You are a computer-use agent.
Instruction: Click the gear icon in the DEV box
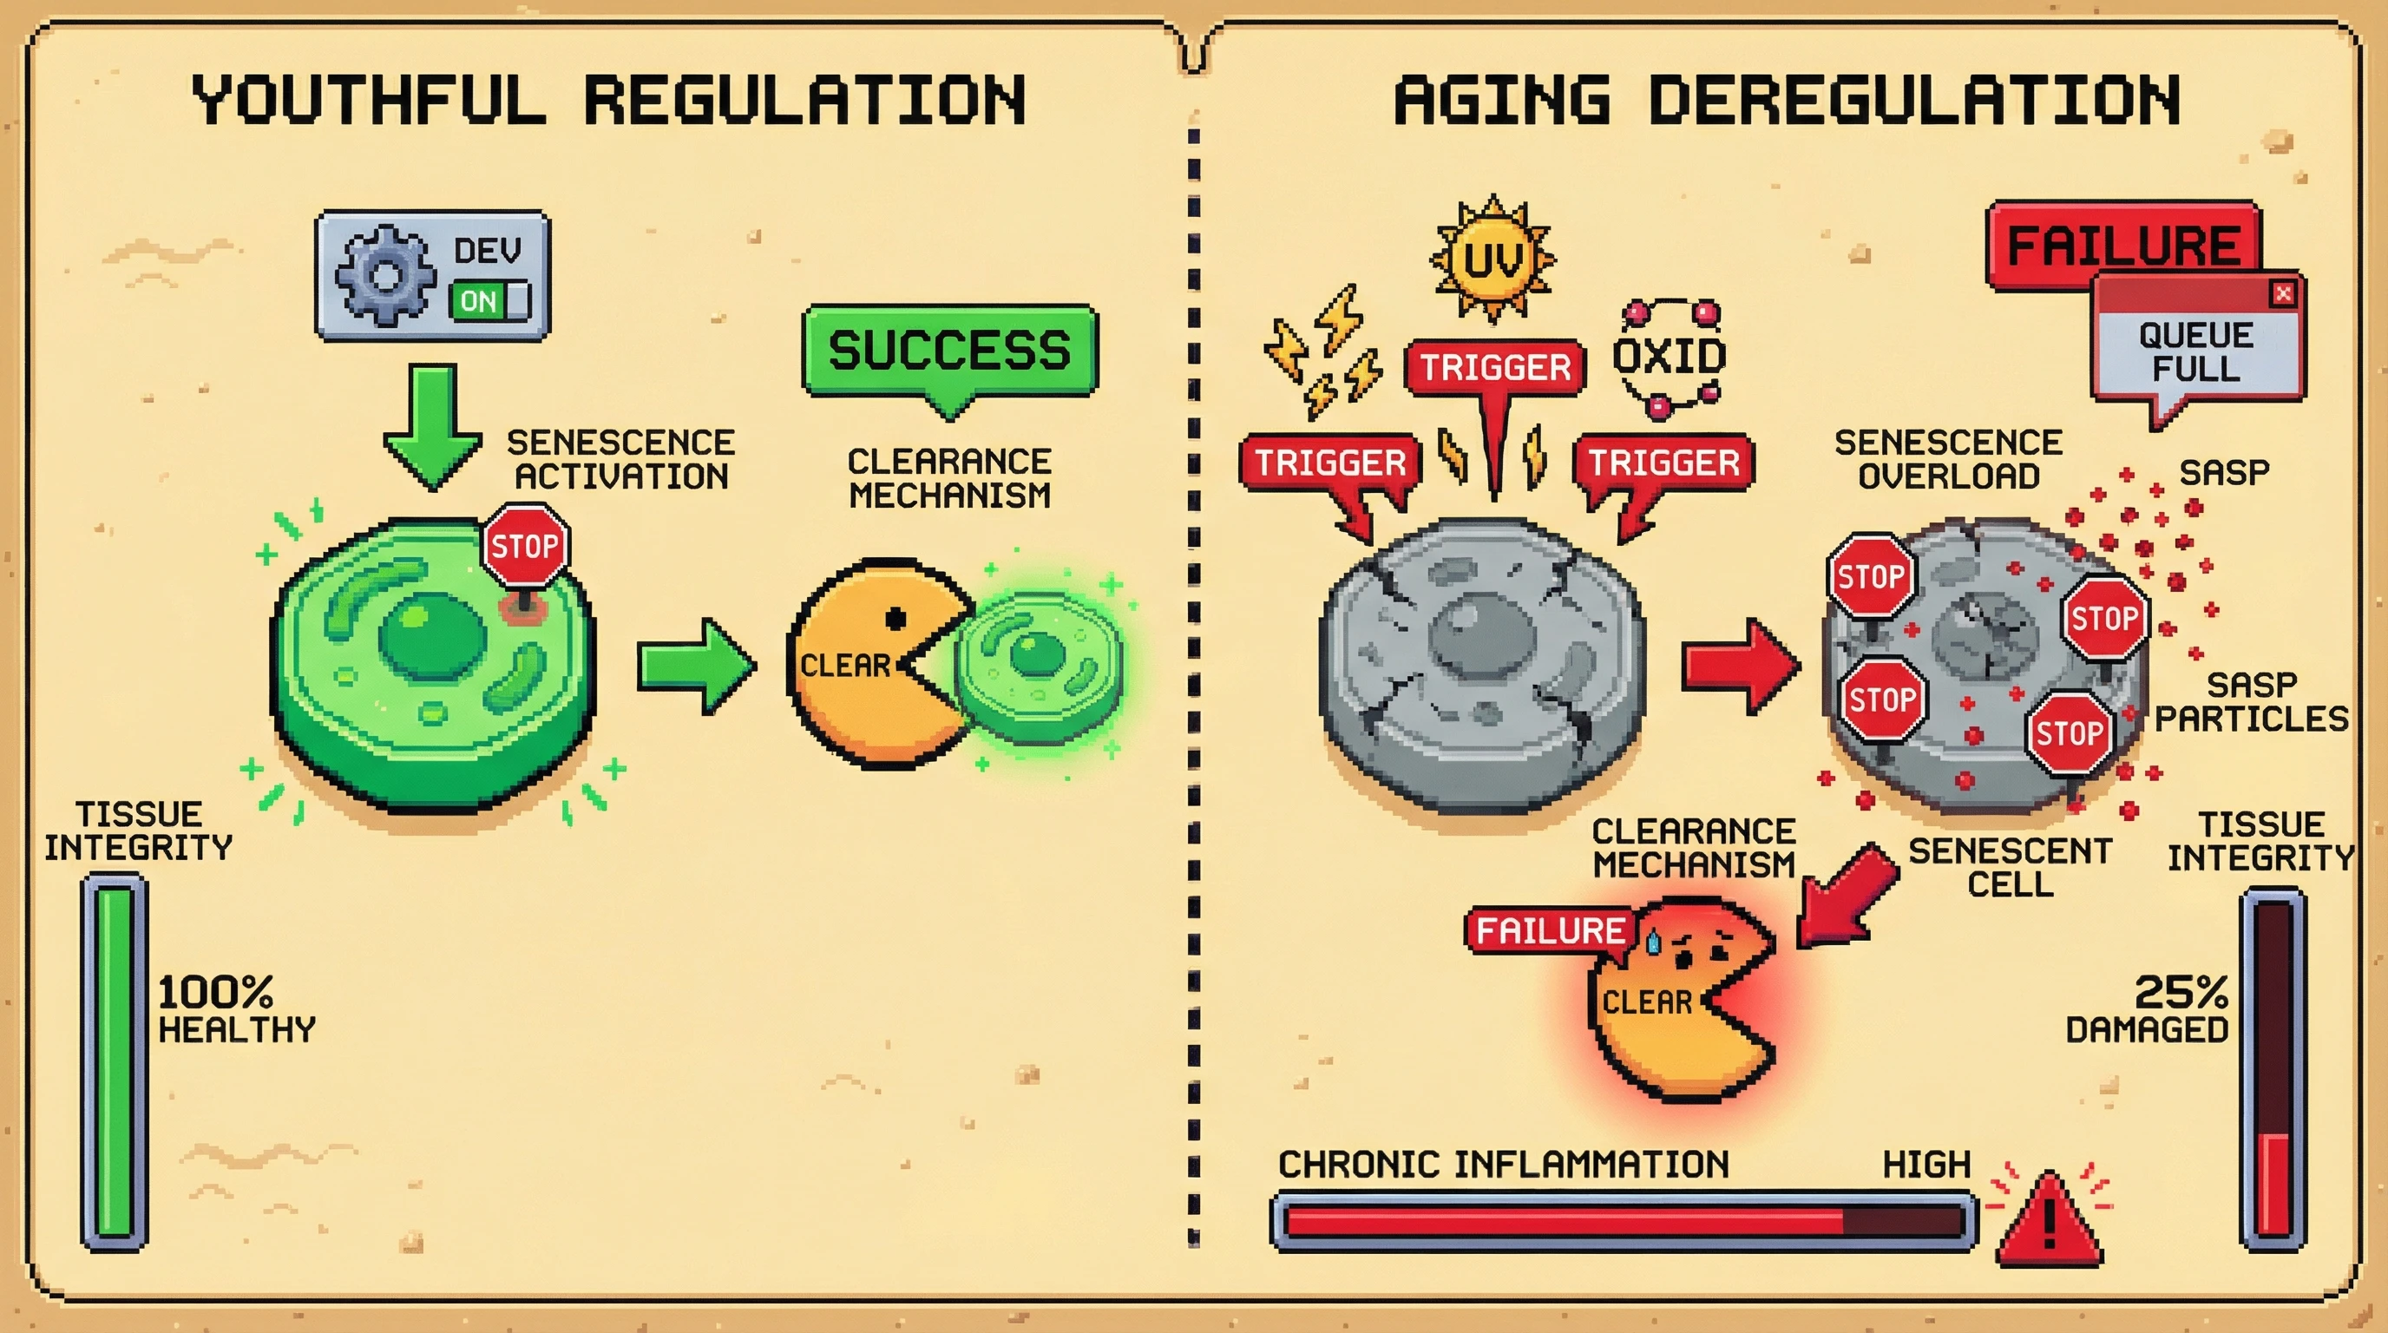(x=384, y=275)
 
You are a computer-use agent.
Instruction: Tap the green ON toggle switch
(x=489, y=300)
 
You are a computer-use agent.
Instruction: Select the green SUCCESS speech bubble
(x=949, y=350)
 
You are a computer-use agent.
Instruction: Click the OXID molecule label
(x=1670, y=356)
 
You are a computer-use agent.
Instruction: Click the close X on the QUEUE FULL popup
(x=2282, y=294)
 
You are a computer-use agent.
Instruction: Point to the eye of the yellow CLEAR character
(x=895, y=618)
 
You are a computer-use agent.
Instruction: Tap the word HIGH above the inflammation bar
(x=1926, y=1165)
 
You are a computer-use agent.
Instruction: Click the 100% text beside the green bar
(x=215, y=992)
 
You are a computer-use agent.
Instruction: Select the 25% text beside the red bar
(x=2181, y=992)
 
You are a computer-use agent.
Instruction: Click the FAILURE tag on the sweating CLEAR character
(x=1549, y=929)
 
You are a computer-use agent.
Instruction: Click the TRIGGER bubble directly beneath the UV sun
(x=1495, y=368)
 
